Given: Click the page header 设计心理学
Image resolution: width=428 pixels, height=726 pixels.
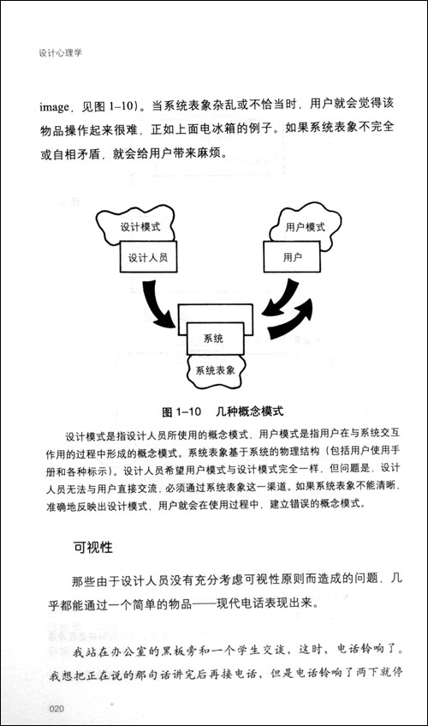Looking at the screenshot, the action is [60, 53].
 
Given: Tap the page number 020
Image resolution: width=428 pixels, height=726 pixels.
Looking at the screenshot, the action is [56, 708].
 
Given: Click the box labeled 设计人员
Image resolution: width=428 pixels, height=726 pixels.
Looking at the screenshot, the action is [148, 257].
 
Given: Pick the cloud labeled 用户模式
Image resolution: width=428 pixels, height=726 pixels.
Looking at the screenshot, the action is [306, 226].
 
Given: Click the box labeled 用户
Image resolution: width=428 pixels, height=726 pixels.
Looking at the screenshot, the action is [293, 256].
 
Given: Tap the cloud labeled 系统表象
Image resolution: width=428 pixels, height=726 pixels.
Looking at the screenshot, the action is [216, 370].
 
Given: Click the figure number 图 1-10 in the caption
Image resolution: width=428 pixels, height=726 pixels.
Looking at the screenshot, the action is [181, 411].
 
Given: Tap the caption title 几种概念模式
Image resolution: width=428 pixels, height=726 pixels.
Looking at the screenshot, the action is [250, 411].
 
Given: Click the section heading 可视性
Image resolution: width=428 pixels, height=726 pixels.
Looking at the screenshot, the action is [93, 547].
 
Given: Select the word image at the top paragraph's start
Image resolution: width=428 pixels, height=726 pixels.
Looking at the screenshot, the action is [54, 108].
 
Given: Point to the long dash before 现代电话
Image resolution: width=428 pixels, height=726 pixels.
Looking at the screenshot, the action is [204, 604].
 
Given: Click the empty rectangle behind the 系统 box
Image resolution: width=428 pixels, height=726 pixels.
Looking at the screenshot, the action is [215, 314].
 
